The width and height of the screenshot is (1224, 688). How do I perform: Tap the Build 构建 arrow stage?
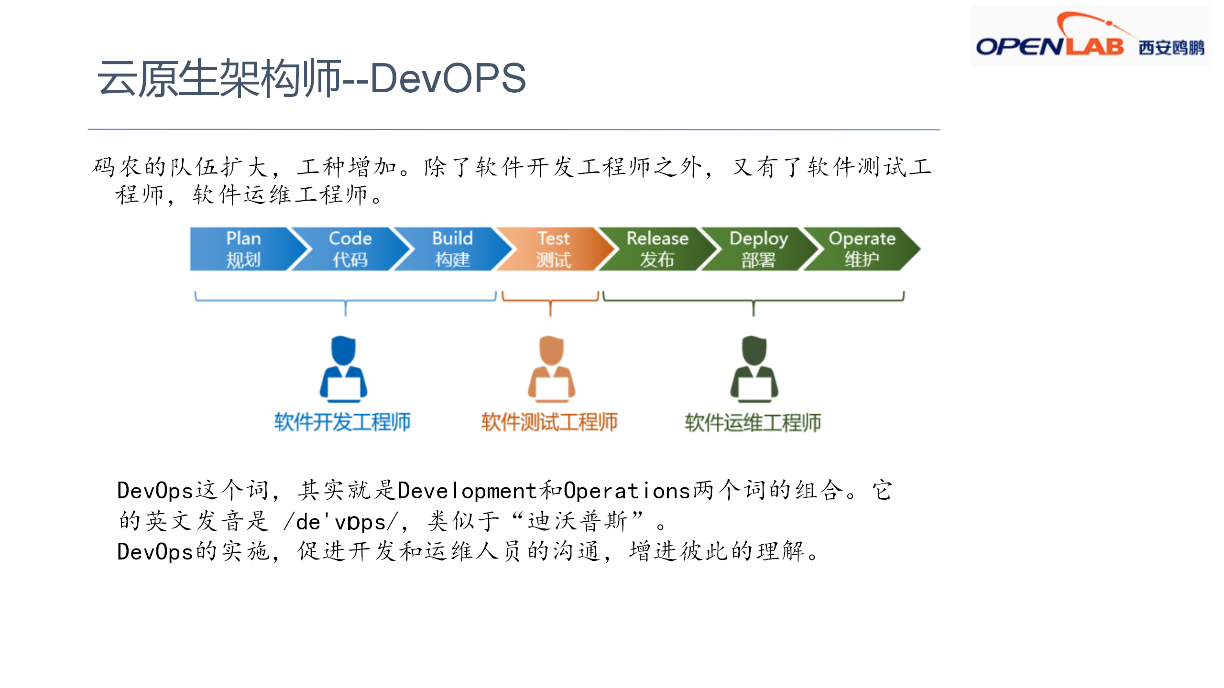tap(452, 249)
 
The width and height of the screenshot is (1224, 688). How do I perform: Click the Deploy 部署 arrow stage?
tap(758, 249)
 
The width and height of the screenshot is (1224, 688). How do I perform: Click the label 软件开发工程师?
tap(342, 422)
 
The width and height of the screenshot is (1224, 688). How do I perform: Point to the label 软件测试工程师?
tap(549, 422)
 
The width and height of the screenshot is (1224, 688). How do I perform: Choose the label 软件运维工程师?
tap(753, 422)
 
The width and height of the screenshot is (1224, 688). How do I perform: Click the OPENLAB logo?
tap(1090, 36)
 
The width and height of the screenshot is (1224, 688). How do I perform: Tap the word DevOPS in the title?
tap(448, 78)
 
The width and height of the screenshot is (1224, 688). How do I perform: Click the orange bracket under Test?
tap(550, 300)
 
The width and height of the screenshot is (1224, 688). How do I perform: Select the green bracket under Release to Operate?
tap(754, 300)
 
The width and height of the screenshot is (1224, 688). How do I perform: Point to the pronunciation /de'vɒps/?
tap(341, 522)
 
